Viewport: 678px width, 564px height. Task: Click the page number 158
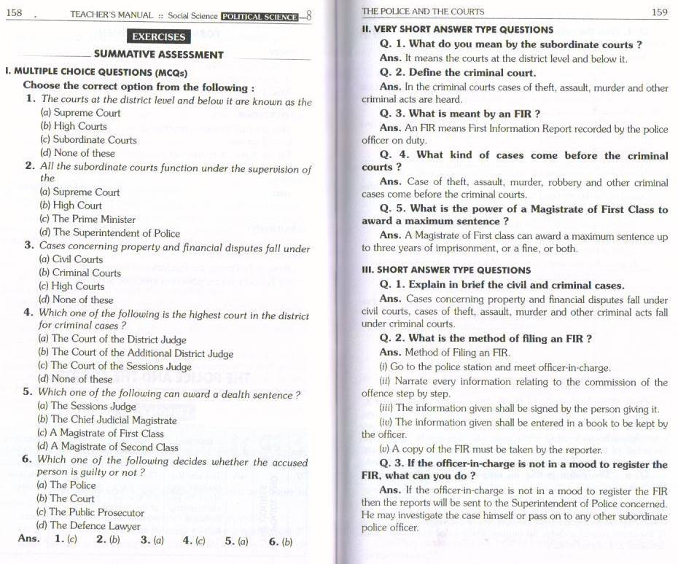point(14,14)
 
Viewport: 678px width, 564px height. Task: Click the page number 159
point(659,11)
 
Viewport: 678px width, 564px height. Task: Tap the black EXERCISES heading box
point(157,36)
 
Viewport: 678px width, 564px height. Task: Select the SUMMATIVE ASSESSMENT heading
point(158,54)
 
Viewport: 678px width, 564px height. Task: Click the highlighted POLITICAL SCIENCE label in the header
point(260,15)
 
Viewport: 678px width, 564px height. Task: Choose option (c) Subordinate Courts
point(88,139)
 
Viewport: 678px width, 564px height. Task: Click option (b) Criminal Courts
point(79,273)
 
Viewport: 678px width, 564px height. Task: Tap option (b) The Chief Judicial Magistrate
point(106,420)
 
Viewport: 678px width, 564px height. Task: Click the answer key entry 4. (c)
point(194,541)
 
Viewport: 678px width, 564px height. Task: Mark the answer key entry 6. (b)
point(280,541)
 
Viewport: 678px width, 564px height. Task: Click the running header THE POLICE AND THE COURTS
point(423,11)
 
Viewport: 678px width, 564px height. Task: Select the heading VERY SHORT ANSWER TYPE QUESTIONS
point(457,29)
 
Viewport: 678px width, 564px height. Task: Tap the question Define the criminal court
point(458,73)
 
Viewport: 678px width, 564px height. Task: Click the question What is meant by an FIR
point(460,114)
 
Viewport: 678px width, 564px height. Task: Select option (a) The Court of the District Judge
point(112,339)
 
